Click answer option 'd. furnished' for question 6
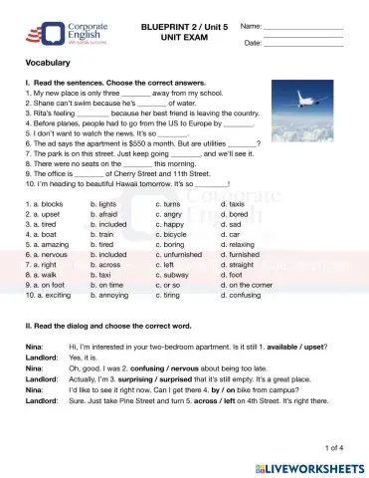tap(241, 256)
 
